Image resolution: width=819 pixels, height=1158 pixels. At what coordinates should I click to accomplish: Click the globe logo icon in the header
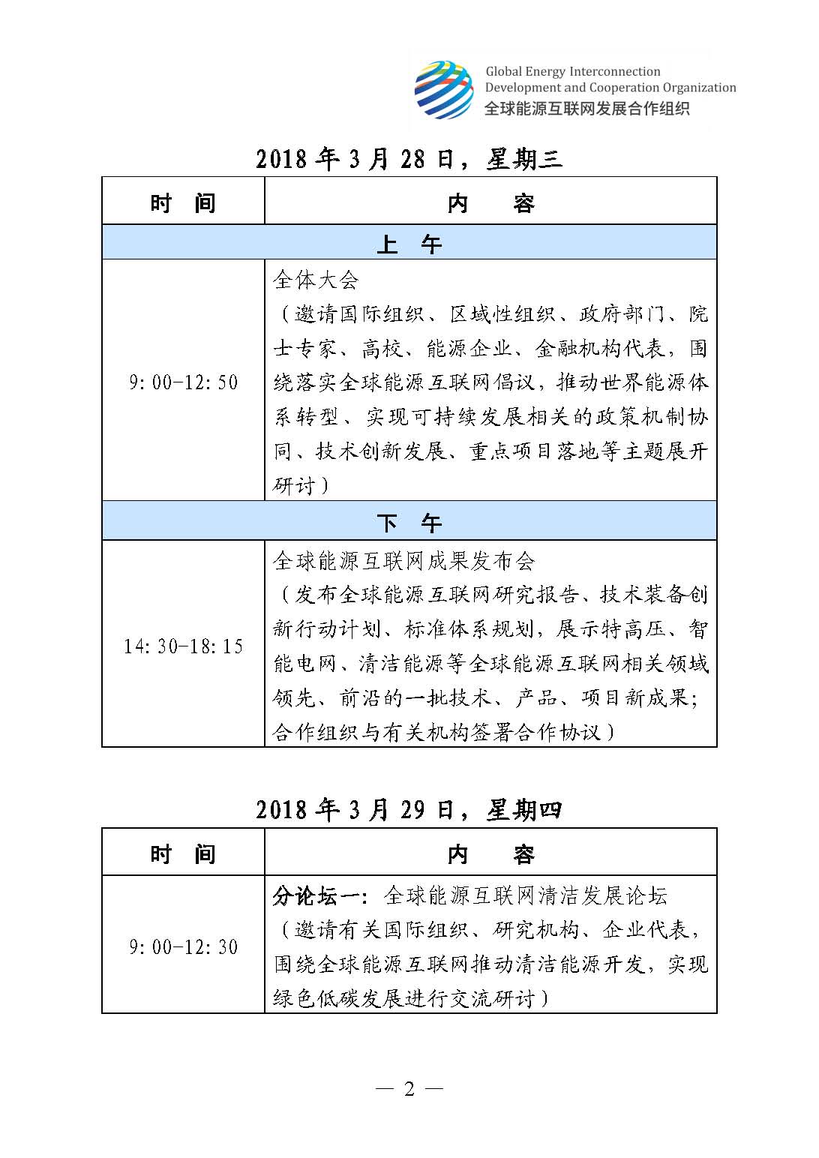click(444, 89)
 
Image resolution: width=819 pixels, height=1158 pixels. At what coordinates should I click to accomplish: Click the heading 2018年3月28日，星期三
click(409, 159)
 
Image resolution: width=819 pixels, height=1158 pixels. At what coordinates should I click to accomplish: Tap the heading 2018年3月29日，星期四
click(409, 810)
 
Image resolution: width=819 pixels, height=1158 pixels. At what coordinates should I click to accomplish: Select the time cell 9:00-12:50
click(183, 382)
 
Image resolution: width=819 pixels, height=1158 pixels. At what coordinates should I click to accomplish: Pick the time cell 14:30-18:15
click(183, 646)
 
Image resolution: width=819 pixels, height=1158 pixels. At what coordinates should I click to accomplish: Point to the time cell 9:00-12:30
click(183, 946)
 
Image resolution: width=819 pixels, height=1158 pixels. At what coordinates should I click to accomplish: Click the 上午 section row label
click(409, 243)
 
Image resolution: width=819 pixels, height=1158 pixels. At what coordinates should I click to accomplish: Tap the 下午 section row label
click(409, 522)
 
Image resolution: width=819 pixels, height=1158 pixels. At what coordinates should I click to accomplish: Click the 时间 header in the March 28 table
click(183, 202)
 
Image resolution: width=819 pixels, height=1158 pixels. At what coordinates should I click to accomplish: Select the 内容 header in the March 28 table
click(490, 202)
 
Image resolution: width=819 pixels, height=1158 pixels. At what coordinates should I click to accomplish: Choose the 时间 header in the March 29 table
click(183, 853)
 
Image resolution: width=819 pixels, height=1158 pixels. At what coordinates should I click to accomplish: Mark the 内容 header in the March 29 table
click(490, 853)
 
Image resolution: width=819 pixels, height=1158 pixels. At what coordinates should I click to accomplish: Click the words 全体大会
click(316, 280)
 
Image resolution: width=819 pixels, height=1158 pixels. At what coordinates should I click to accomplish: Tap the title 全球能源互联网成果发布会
click(404, 560)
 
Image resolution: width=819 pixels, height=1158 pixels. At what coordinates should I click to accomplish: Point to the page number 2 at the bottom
click(409, 1089)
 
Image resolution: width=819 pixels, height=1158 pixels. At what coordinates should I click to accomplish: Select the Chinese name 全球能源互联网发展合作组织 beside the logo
click(586, 107)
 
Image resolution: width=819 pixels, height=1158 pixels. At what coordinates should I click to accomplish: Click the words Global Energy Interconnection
click(573, 72)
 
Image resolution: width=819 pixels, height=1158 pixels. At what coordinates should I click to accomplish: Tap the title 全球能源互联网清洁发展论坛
click(525, 895)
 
